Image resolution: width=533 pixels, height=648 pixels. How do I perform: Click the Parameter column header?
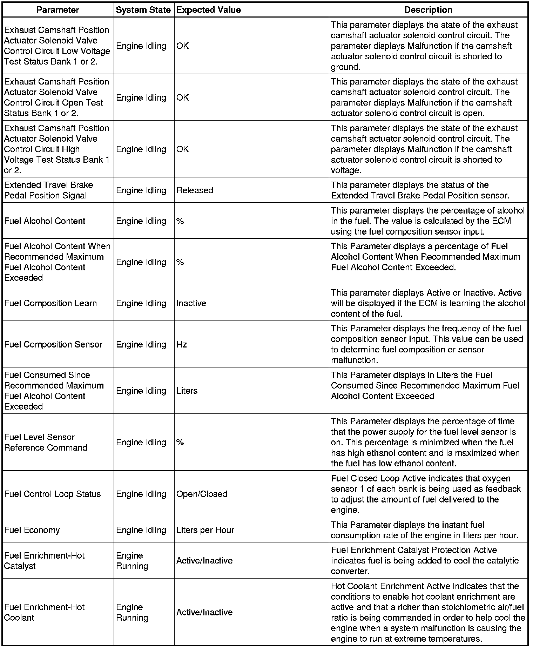click(x=58, y=10)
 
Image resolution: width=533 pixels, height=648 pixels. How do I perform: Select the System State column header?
click(x=143, y=10)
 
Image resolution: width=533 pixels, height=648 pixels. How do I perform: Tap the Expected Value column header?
click(x=209, y=10)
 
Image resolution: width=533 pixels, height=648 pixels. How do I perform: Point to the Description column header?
click(x=428, y=10)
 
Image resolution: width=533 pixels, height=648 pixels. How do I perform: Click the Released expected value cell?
click(x=195, y=190)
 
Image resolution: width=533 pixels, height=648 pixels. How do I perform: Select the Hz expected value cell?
click(x=182, y=345)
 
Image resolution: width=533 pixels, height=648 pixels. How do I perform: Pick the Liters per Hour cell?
click(x=205, y=530)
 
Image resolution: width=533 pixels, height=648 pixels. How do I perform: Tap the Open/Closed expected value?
click(x=202, y=494)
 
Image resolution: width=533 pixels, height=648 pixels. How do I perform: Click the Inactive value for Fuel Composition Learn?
click(x=191, y=303)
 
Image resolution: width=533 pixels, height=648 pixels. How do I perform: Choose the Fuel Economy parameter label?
click(x=32, y=530)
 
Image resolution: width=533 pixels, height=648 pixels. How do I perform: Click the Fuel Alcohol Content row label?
click(x=45, y=221)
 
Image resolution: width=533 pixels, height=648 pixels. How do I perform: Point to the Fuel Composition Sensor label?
click(x=53, y=345)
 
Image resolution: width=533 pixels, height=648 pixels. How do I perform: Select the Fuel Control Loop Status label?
click(x=53, y=494)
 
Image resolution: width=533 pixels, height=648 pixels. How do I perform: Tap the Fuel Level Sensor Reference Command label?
click(x=46, y=443)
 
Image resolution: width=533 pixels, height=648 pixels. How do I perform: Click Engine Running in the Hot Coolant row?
click(x=132, y=613)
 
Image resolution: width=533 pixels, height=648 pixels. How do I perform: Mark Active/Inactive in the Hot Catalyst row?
click(x=204, y=561)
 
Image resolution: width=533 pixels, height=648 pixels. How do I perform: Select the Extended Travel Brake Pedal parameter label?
click(x=49, y=190)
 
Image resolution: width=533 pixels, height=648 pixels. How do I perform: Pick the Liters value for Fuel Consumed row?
click(x=187, y=391)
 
